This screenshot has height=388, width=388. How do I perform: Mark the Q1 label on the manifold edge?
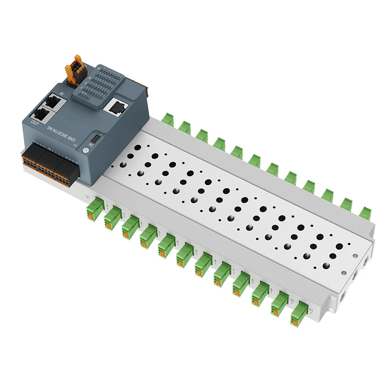tap(88, 196)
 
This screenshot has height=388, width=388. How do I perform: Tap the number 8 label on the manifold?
tap(253, 281)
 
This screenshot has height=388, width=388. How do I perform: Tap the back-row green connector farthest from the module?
tap(365, 212)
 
